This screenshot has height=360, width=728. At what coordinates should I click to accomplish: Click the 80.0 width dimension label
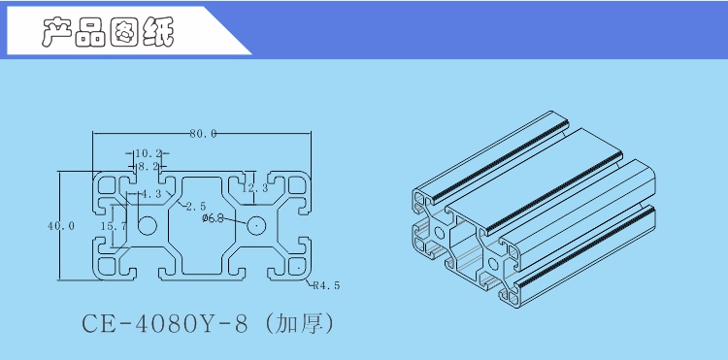(203, 134)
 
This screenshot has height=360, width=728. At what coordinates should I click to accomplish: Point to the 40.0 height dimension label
(61, 226)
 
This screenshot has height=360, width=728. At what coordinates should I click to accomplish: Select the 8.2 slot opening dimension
(148, 166)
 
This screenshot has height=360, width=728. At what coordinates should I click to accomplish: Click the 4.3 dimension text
(150, 194)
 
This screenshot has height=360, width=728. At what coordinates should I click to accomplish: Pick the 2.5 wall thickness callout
(195, 207)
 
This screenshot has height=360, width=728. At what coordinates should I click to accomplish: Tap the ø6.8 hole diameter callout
(214, 218)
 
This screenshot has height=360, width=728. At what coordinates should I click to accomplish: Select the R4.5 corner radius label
(326, 285)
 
